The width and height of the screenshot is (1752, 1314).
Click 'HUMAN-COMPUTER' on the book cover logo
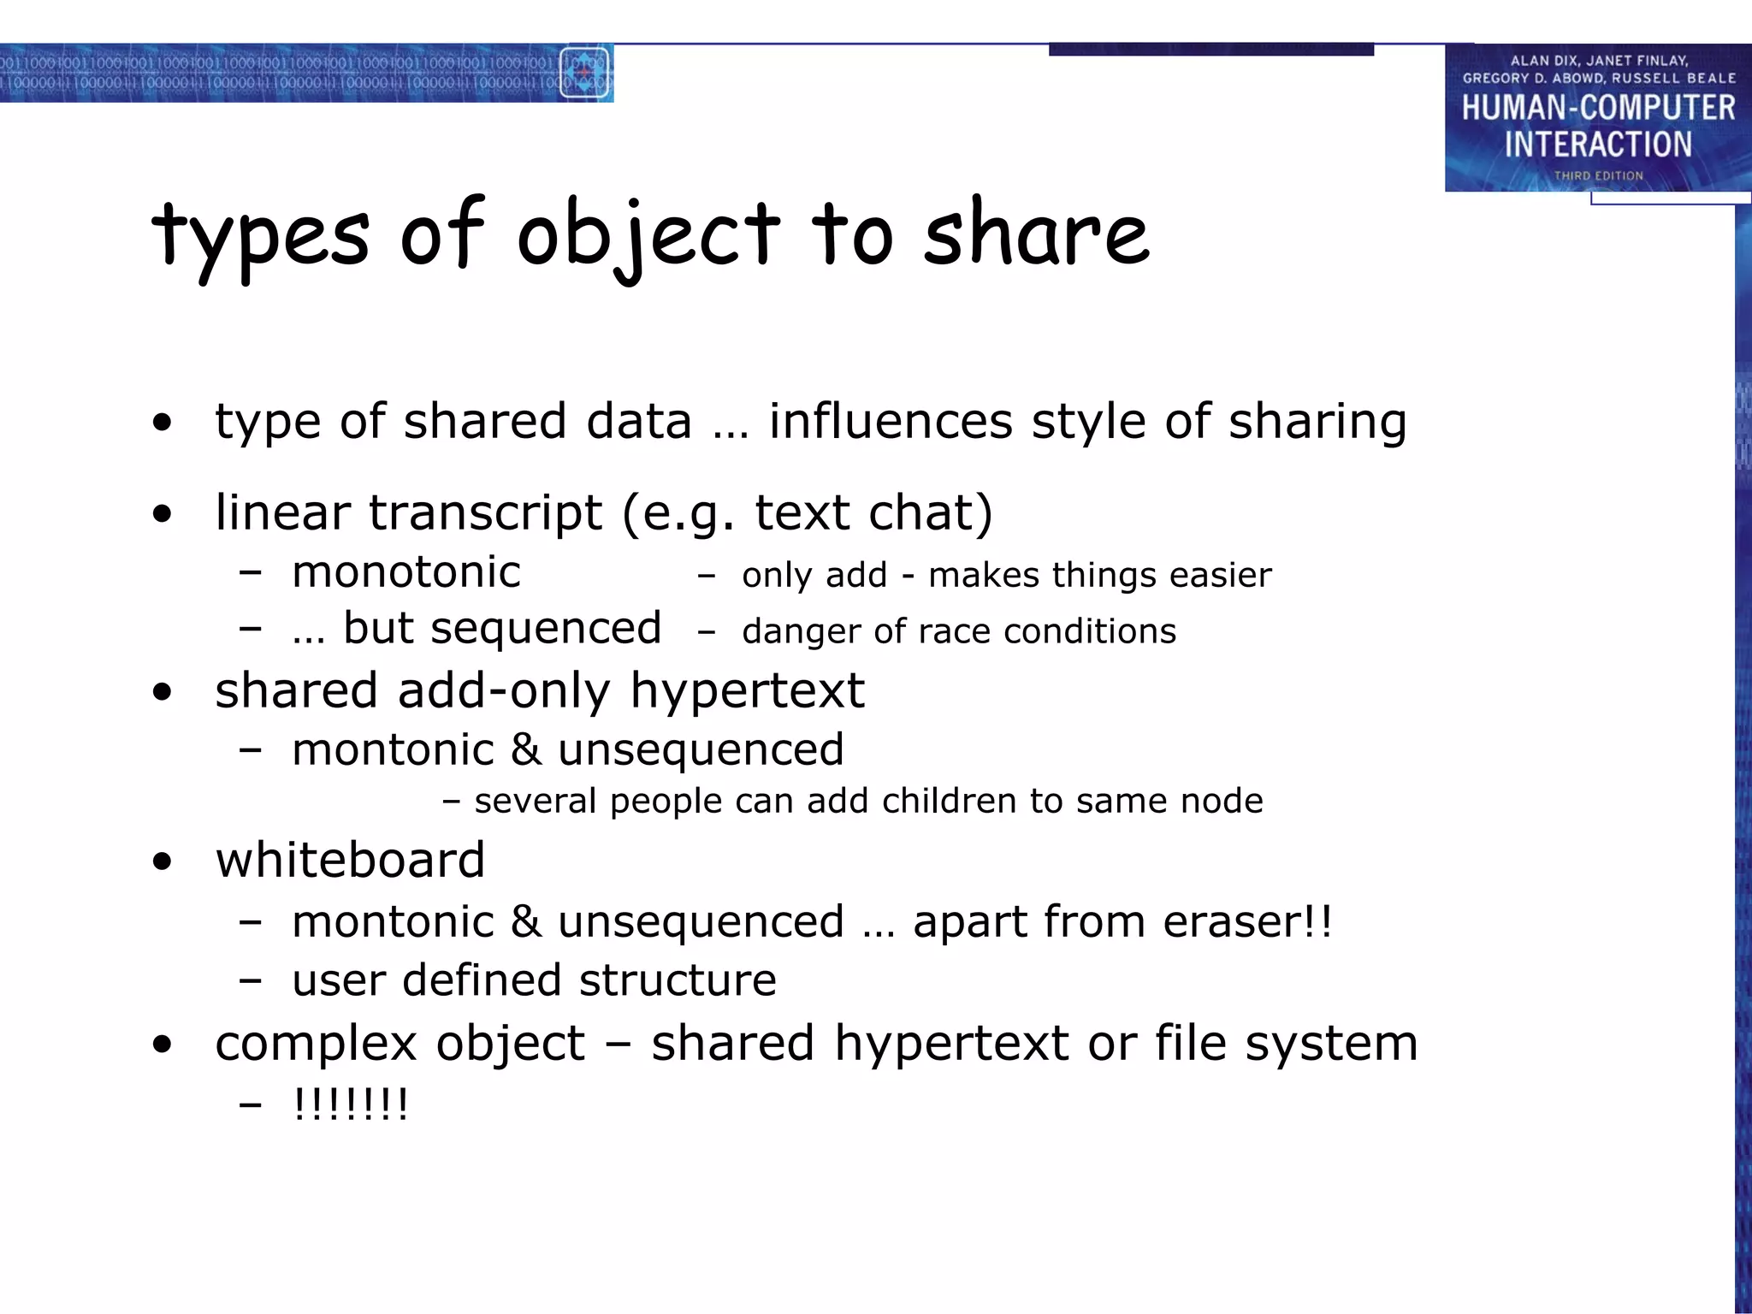(1598, 108)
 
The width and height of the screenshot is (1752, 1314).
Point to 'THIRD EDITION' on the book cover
(1598, 175)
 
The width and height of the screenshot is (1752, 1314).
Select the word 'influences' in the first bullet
(890, 421)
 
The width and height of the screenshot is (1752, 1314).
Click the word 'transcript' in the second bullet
(486, 512)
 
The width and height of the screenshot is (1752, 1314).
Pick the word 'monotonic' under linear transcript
(406, 571)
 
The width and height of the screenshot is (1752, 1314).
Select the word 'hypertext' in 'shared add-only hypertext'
(747, 690)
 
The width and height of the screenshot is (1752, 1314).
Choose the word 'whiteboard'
(350, 860)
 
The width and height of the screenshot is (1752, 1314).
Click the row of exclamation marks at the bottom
(351, 1104)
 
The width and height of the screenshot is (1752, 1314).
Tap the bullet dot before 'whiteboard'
(162, 862)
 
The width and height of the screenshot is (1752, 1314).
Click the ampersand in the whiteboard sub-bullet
(525, 922)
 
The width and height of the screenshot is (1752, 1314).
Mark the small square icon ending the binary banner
(585, 74)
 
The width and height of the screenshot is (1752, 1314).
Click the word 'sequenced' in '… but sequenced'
(546, 628)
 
